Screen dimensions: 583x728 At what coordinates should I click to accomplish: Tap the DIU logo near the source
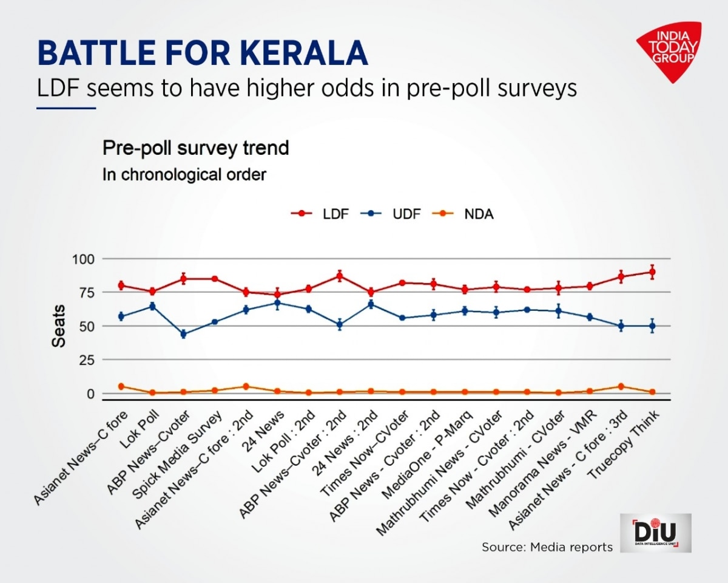pyautogui.click(x=655, y=533)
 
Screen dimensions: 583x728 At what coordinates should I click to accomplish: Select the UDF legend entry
pyautogui.click(x=391, y=214)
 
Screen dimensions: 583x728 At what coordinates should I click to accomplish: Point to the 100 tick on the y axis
pyautogui.click(x=83, y=259)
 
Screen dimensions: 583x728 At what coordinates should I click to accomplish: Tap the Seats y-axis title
pyautogui.click(x=59, y=327)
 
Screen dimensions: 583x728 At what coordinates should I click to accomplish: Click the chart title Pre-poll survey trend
pyautogui.click(x=195, y=148)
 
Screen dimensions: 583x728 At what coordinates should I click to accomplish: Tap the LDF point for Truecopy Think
pyautogui.click(x=652, y=272)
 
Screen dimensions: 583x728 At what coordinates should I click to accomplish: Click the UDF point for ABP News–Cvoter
pyautogui.click(x=183, y=334)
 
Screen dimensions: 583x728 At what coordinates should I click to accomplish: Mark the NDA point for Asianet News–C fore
pyautogui.click(x=121, y=386)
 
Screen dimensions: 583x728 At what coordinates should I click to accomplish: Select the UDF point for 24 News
pyautogui.click(x=277, y=302)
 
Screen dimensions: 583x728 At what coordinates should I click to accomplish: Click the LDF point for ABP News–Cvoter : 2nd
pyautogui.click(x=340, y=276)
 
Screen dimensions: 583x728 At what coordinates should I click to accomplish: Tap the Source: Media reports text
pyautogui.click(x=547, y=547)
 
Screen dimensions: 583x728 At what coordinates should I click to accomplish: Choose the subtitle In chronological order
pyautogui.click(x=184, y=175)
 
